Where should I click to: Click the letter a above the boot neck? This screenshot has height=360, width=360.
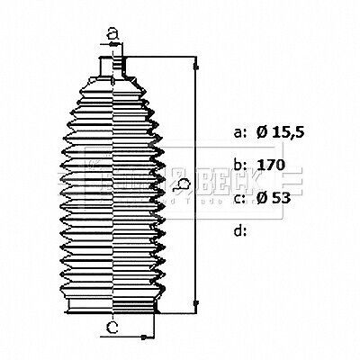[x=112, y=34]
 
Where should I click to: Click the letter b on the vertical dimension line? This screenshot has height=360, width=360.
[x=183, y=186]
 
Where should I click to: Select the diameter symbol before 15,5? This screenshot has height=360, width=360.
[x=262, y=133]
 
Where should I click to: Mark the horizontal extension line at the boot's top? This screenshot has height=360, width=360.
[x=162, y=60]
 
